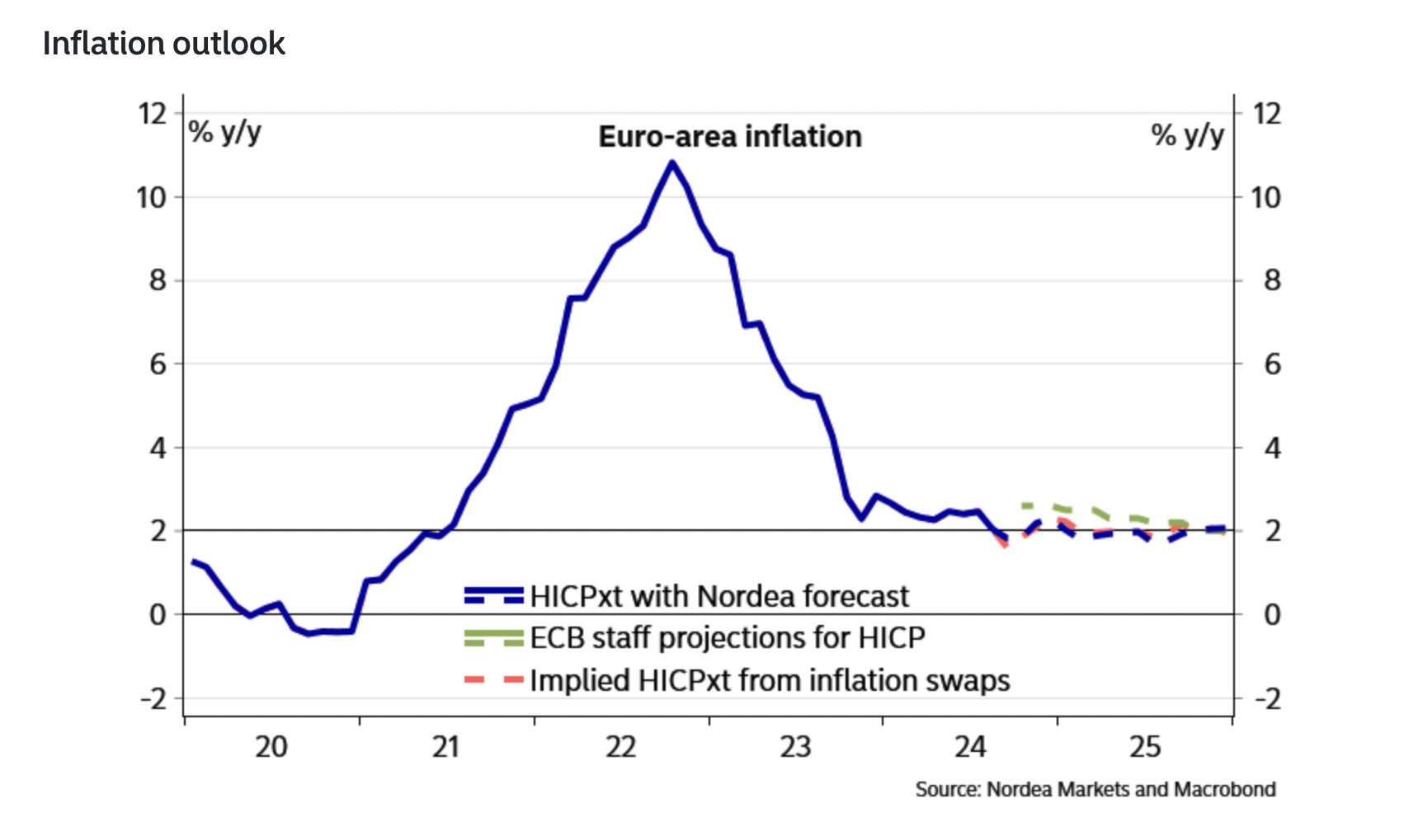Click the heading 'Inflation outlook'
[163, 44]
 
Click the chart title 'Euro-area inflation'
[729, 137]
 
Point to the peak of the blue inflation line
[672, 162]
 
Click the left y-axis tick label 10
[151, 198]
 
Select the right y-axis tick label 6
[1272, 364]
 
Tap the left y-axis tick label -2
[153, 699]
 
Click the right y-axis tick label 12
[1266, 114]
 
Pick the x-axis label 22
[621, 747]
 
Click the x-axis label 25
[1144, 747]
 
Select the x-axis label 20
[271, 747]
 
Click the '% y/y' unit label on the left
[224, 132]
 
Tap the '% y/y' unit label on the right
[1187, 135]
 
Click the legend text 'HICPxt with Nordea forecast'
[718, 596]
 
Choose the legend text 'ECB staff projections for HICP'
[727, 638]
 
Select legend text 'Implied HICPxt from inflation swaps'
[769, 681]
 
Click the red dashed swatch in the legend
[493, 680]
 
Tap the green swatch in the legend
[493, 638]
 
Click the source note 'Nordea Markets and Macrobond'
[1131, 790]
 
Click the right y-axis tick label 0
[1272, 615]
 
